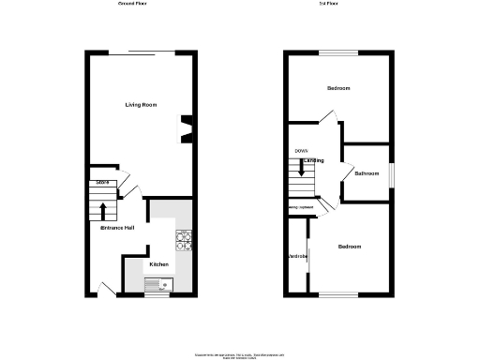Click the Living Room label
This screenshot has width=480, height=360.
coord(141,104)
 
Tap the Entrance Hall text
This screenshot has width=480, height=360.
coord(118,228)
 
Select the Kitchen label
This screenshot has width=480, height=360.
coord(159,265)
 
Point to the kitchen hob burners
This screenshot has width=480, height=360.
coord(184,240)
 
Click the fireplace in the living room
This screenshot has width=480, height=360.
coord(187,129)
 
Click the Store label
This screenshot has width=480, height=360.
coord(101,181)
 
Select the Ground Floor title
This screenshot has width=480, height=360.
coord(133,5)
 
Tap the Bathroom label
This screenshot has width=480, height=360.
coord(366,173)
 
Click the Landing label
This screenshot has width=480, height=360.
coord(313,160)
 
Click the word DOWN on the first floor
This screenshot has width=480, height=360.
coord(301,151)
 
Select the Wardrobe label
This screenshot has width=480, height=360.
coord(297,256)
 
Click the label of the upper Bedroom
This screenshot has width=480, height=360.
coord(337,88)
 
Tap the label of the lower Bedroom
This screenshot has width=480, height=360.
coord(350,247)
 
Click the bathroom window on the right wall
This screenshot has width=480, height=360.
coord(391,173)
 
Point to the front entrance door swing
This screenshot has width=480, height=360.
coord(106,289)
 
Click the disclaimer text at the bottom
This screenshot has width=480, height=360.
coord(240,354)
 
